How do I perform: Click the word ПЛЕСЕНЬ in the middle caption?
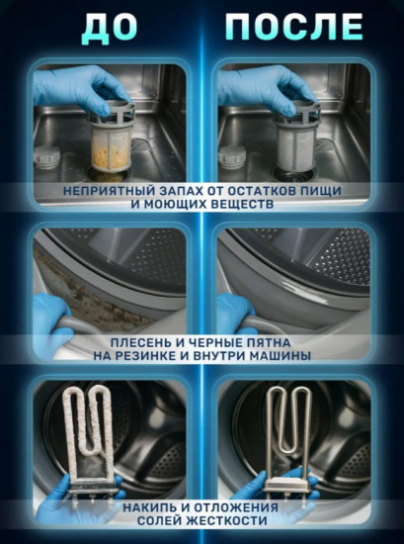(x=124, y=340)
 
